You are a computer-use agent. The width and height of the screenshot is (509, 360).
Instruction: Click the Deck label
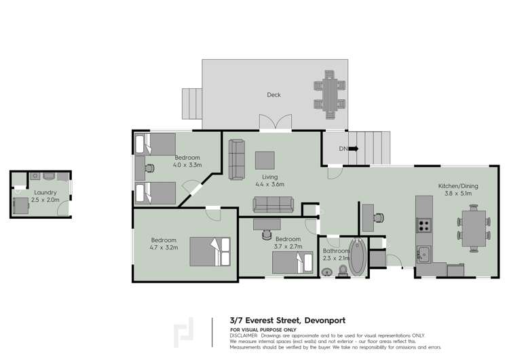(274, 95)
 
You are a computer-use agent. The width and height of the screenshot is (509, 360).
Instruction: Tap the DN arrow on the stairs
(353, 149)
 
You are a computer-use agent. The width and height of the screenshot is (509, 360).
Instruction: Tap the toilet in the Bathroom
(342, 271)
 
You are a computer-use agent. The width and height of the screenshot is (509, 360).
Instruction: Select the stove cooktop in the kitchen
(424, 226)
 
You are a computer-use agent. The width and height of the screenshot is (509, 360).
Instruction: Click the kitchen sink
(423, 253)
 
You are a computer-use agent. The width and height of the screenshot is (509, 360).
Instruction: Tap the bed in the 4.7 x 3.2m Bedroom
(212, 251)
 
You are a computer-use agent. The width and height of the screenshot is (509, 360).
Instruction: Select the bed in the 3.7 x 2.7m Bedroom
(293, 260)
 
